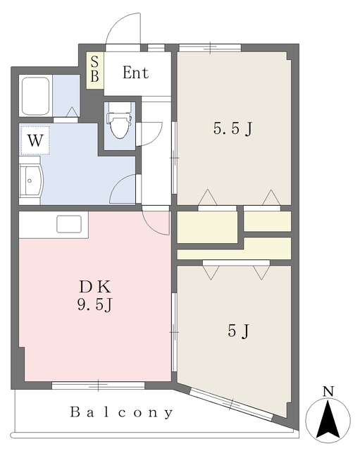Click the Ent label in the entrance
tap(136, 73)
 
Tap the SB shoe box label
tap(94, 69)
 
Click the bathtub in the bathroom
tap(36, 96)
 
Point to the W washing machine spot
tap(35, 140)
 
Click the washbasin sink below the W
tap(31, 180)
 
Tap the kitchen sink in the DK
tap(69, 224)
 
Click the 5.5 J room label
tap(232, 128)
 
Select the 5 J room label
tap(238, 330)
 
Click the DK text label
tap(94, 287)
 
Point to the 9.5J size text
tap(94, 304)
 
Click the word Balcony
tap(122, 412)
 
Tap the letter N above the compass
tap(328, 392)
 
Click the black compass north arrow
tap(328, 419)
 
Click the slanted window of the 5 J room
tap(232, 404)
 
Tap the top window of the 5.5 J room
tap(210, 48)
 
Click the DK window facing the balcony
tap(99, 385)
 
